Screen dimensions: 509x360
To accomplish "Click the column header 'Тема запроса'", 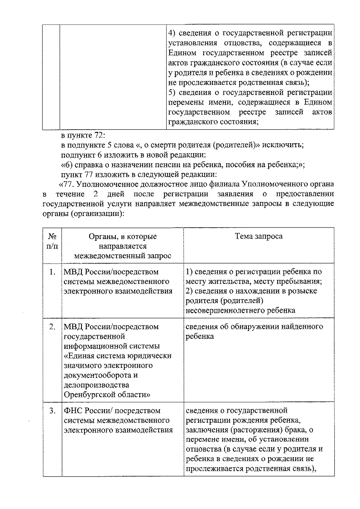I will (x=258, y=236).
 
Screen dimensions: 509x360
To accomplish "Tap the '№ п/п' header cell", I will (x=52, y=241).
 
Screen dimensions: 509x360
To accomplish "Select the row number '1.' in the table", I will (x=52, y=272).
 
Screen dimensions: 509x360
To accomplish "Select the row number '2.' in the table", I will (x=52, y=327).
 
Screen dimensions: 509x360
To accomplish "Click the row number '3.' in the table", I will (x=52, y=411).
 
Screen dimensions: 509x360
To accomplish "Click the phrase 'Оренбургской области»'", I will (x=107, y=395).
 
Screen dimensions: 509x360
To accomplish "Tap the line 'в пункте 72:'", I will (x=83, y=136).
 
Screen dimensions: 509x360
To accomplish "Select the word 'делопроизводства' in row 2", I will (x=96, y=385).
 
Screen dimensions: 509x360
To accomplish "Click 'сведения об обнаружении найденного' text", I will (x=254, y=327).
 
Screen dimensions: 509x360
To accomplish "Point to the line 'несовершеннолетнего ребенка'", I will (x=240, y=310).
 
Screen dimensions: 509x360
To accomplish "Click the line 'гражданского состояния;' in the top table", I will (x=214, y=122).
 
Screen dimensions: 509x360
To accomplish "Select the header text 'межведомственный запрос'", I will (x=122, y=256).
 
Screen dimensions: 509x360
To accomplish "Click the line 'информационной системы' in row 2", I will (x=112, y=346).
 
